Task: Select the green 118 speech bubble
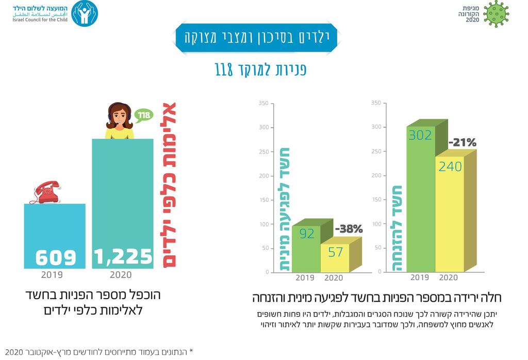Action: point(144,114)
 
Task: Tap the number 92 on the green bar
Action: point(307,234)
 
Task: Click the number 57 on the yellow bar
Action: point(335,253)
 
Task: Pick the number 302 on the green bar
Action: point(420,136)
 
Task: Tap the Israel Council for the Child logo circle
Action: point(84,14)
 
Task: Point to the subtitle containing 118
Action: point(261,70)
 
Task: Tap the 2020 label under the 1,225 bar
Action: point(121,275)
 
